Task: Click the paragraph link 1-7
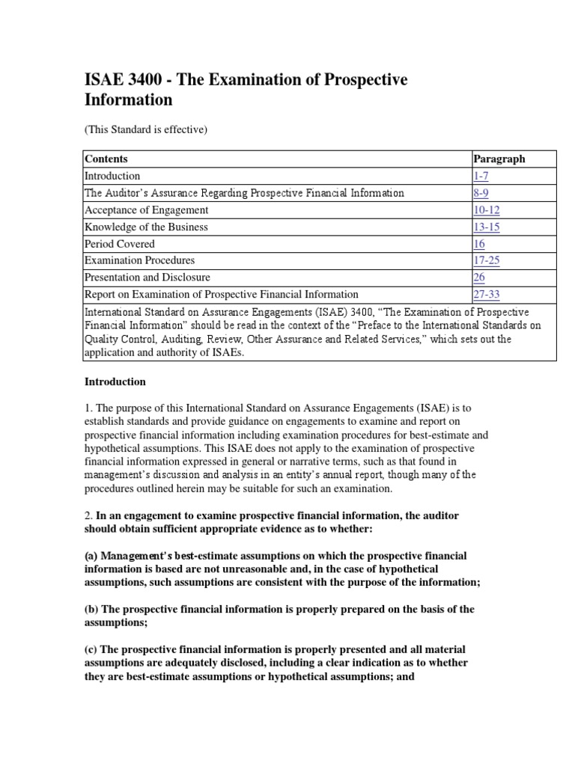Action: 481,176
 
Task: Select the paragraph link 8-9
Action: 481,193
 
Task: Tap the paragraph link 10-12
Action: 486,210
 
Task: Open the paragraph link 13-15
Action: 486,227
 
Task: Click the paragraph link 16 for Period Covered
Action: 479,244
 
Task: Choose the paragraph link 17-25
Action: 486,260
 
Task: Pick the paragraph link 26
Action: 479,278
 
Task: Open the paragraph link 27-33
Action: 487,294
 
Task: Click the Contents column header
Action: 106,159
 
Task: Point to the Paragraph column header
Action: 499,159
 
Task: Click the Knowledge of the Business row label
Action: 146,227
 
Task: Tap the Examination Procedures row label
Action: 139,260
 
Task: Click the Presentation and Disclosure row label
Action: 147,278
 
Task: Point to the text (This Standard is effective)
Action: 144,129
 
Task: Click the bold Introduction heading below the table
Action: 115,382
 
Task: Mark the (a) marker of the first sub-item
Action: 91,556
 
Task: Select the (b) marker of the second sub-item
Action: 91,609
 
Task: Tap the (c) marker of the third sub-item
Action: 91,649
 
